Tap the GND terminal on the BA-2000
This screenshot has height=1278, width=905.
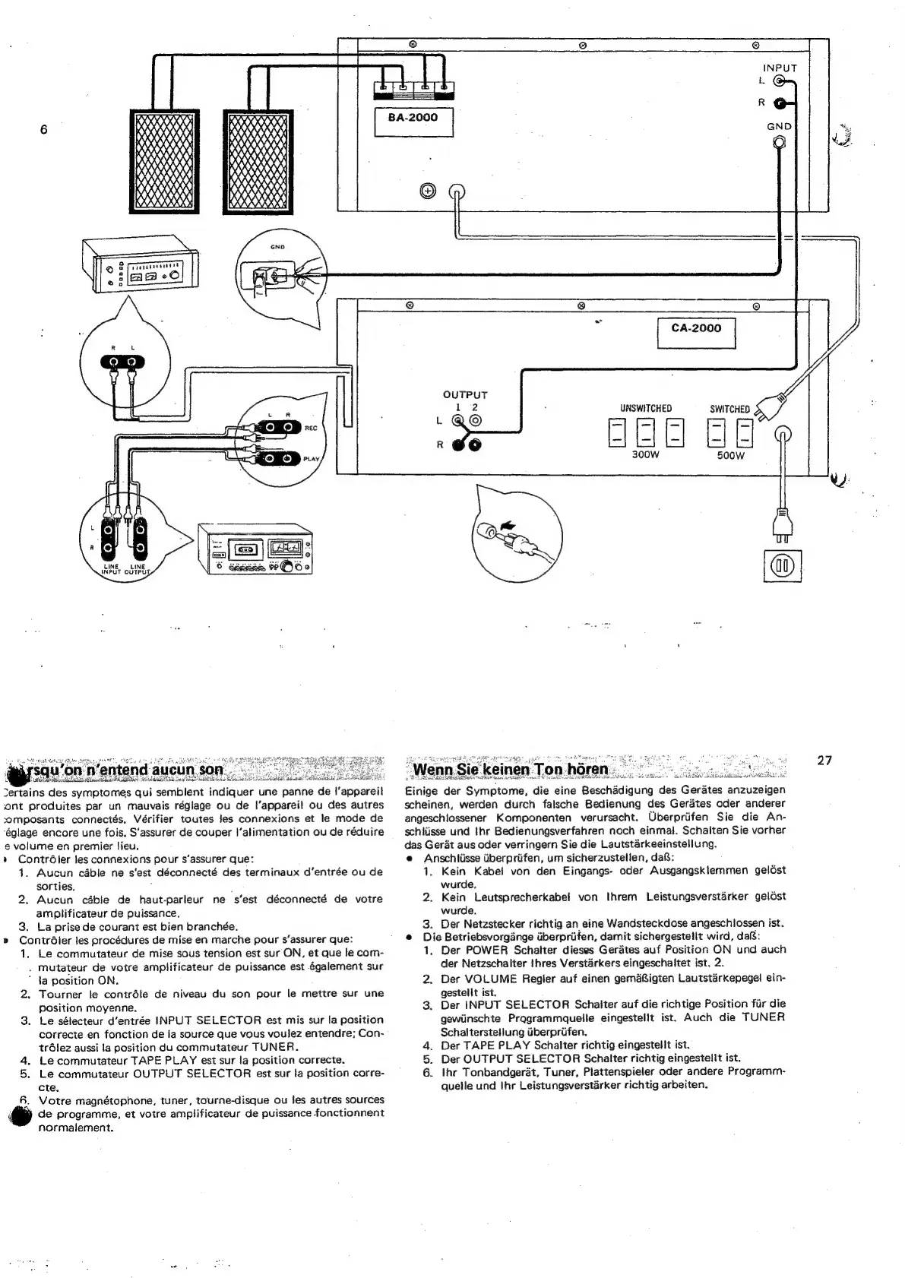(x=779, y=142)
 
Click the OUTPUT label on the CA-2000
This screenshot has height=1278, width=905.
(x=465, y=395)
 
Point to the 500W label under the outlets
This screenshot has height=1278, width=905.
(x=729, y=456)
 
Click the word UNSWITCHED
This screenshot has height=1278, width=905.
(x=646, y=409)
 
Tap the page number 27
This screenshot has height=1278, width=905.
(x=824, y=761)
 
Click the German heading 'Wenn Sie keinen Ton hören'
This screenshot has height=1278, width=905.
(x=510, y=769)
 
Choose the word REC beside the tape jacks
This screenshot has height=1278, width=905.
(x=311, y=429)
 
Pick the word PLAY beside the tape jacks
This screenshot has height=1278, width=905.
(x=312, y=459)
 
